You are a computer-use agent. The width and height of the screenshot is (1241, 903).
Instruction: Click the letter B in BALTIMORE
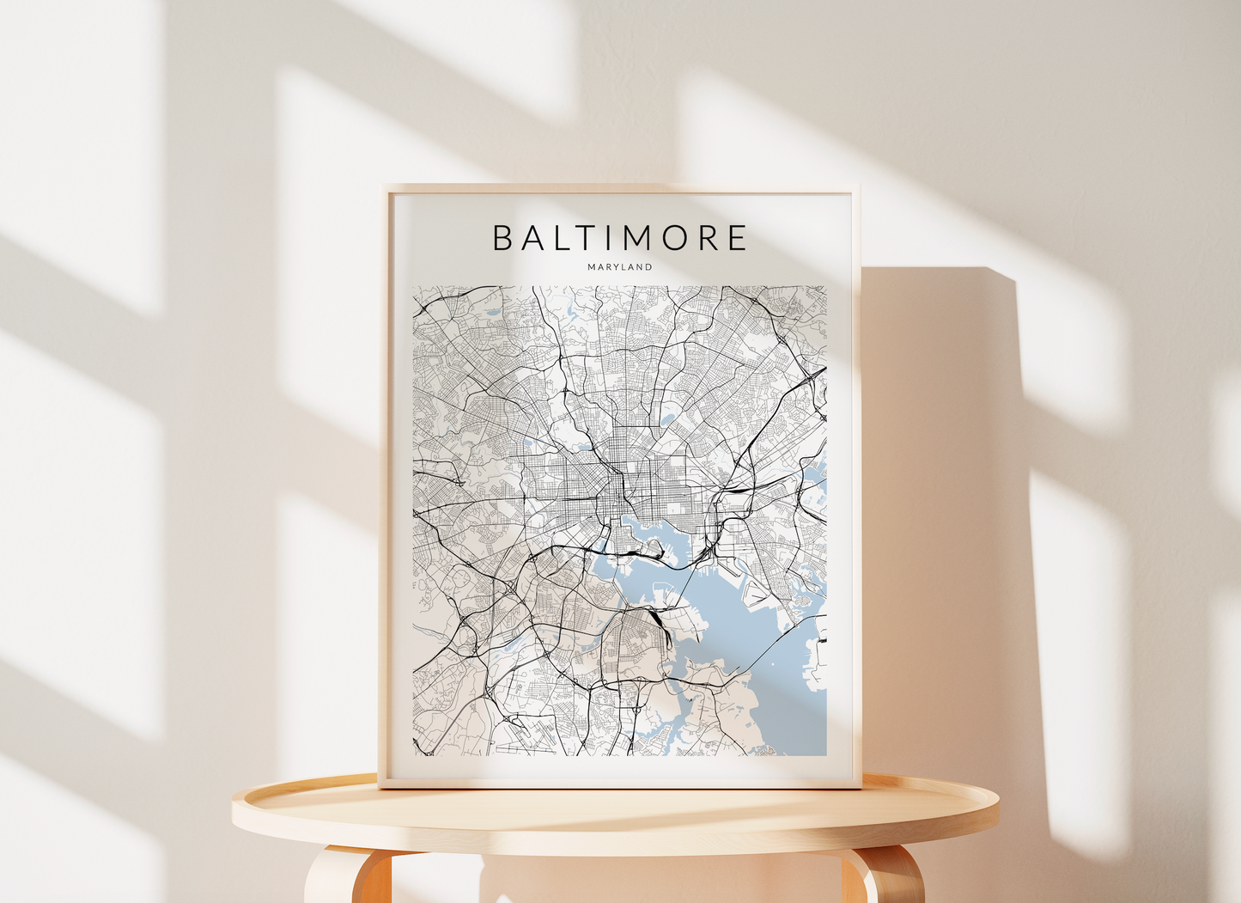(502, 238)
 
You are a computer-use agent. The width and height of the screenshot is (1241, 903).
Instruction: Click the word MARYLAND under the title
(620, 267)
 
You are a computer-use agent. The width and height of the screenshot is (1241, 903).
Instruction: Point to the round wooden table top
(615, 816)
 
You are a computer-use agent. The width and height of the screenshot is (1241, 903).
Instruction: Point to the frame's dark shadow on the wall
(945, 516)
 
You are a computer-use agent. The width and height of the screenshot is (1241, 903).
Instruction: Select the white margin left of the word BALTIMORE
(442, 238)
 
